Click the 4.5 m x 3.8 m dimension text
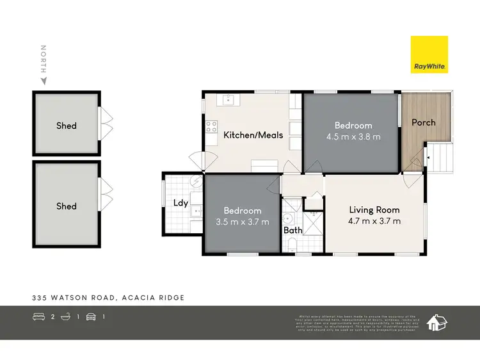pyautogui.click(x=353, y=136)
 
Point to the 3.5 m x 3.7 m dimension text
pyautogui.click(x=242, y=222)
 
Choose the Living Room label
pyautogui.click(x=374, y=209)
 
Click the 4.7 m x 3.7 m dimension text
pyautogui.click(x=374, y=221)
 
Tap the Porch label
pyautogui.click(x=423, y=122)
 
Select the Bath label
pyautogui.click(x=293, y=230)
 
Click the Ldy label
pyautogui.click(x=180, y=203)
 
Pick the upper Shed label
pyautogui.click(x=66, y=126)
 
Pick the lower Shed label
pyautogui.click(x=66, y=206)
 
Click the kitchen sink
pyautogui.click(x=229, y=99)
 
